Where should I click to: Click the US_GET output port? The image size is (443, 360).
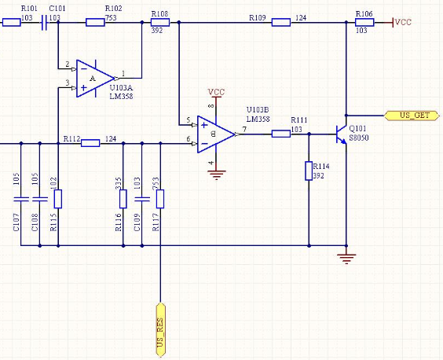tap(412, 116)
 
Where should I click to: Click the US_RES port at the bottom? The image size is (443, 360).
tap(160, 330)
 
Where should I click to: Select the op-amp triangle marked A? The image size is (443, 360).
tap(95, 79)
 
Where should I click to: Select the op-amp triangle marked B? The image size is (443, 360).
tap(216, 134)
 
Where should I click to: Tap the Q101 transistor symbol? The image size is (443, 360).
tap(342, 134)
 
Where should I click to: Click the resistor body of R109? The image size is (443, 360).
tap(281, 22)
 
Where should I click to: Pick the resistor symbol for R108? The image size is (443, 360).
tap(160, 22)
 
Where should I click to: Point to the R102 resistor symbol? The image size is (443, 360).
tap(95, 22)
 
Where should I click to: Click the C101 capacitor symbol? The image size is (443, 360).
tap(44, 22)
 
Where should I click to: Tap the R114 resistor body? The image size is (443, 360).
tap(309, 171)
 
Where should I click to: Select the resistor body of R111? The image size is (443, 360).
tap(281, 134)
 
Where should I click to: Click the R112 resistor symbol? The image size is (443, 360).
tap(90, 143)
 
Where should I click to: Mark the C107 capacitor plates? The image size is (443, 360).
tap(21, 199)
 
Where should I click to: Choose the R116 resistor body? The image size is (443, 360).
tap(123, 199)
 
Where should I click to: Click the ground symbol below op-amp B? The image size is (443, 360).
tap(216, 174)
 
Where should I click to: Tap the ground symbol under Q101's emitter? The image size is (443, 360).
tap(346, 259)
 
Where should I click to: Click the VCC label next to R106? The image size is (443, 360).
tap(403, 22)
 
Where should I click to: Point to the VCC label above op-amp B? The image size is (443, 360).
tap(216, 92)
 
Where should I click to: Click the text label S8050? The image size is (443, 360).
tap(359, 138)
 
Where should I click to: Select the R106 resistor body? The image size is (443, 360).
tap(364, 22)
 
